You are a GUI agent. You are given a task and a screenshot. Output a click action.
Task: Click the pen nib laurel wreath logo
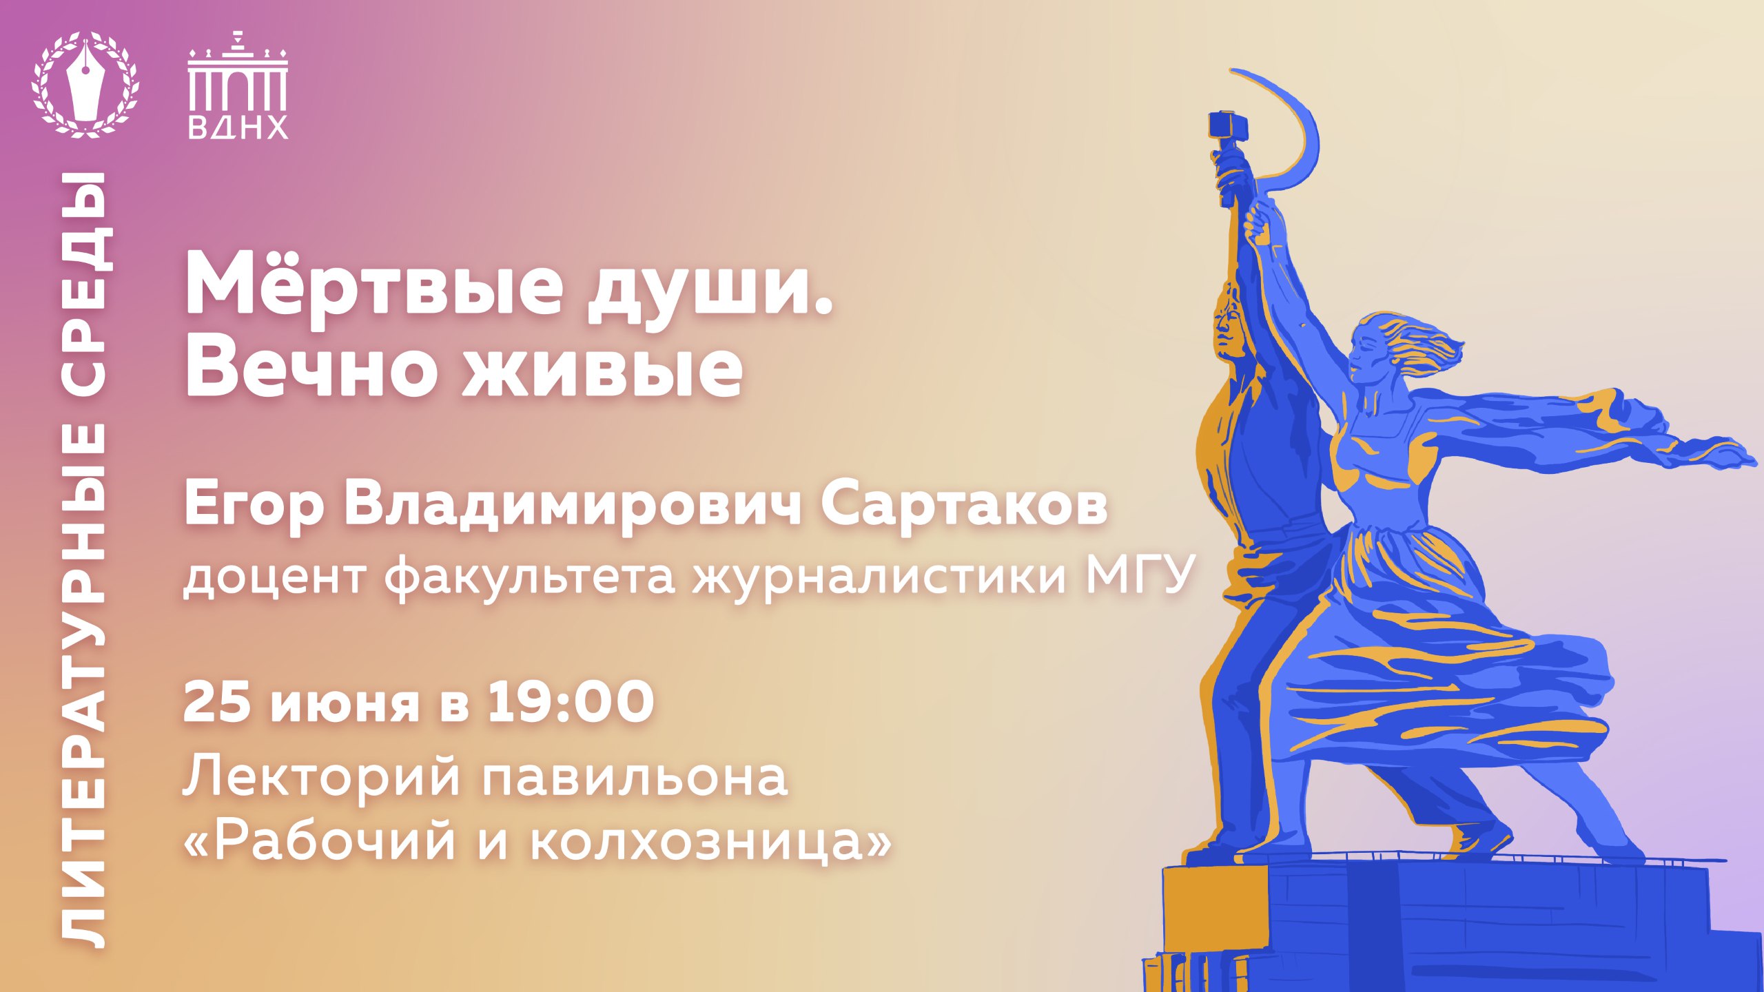(85, 83)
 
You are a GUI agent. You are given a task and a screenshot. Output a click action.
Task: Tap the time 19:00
(571, 703)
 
